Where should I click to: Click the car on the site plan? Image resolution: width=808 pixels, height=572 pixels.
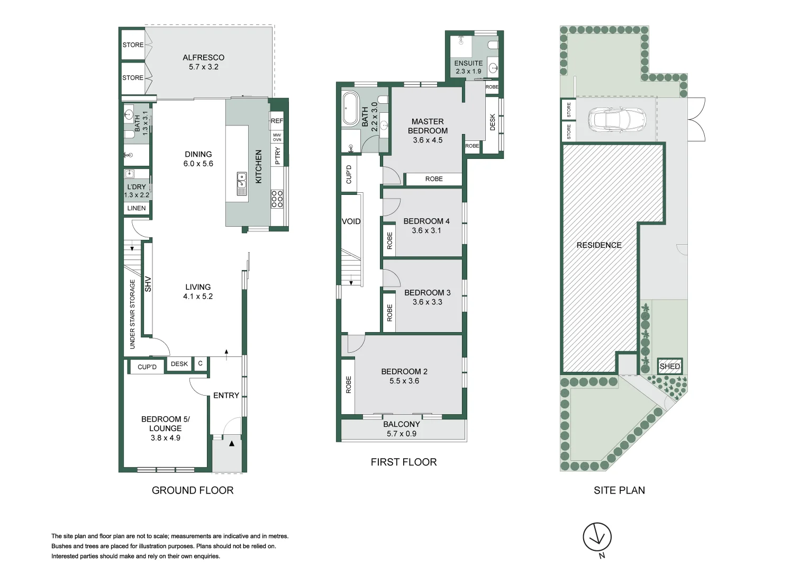(x=617, y=120)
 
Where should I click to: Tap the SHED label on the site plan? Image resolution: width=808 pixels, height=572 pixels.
(x=669, y=367)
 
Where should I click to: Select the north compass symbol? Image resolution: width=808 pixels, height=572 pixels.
(x=597, y=538)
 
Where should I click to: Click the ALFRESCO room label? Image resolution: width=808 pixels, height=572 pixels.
(x=203, y=58)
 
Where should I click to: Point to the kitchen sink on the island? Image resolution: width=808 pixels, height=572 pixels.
(x=242, y=183)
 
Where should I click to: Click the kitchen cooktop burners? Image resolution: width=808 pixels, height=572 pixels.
(x=277, y=199)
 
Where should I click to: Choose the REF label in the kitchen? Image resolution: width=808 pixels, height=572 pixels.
(x=277, y=121)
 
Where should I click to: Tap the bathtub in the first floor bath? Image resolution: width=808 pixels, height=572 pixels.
(x=350, y=109)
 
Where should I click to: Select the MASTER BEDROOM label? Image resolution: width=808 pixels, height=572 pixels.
(x=428, y=126)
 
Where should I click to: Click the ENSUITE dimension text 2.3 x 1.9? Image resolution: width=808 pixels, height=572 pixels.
(x=468, y=71)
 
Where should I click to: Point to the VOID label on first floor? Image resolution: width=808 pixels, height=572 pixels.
(x=351, y=221)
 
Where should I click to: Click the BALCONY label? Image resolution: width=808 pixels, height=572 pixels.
(x=402, y=424)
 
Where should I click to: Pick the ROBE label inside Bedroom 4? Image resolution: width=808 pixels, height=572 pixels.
(x=390, y=240)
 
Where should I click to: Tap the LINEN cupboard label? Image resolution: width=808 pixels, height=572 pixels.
(x=137, y=208)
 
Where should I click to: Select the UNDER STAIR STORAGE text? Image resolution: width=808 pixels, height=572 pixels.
(x=132, y=314)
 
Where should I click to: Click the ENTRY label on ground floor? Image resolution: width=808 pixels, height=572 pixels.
(x=226, y=396)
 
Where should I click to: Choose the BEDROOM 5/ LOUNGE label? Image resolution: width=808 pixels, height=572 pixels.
(x=165, y=424)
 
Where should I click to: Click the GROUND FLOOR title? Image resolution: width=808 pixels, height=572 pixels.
(x=193, y=490)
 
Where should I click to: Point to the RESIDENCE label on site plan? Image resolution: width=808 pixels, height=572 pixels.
(x=599, y=245)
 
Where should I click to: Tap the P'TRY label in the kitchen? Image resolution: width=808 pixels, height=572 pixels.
(x=277, y=156)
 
